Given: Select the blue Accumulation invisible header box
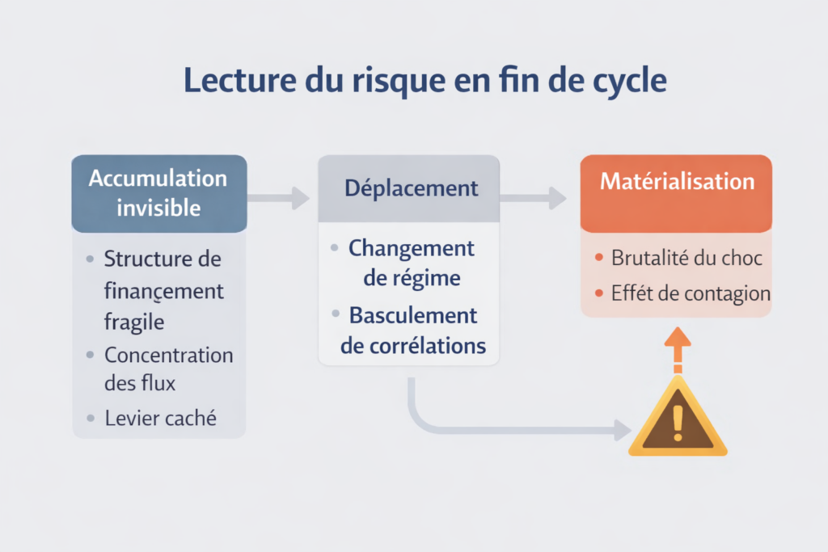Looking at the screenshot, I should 158,193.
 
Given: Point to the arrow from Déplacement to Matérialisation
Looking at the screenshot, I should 534,197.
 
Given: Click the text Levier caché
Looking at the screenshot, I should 161,418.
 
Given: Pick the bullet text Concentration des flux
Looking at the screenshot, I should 167,368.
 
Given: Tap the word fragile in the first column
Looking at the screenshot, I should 134,321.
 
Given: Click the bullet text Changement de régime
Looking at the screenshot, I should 412,263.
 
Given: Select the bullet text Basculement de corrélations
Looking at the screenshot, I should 413,330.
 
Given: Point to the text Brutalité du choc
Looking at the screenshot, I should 686,259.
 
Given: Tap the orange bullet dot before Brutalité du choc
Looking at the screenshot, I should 598,259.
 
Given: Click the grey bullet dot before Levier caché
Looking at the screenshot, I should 90,418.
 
